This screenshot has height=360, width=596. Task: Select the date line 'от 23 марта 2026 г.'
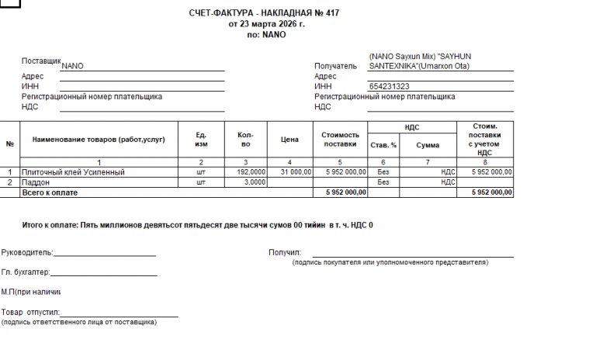(266, 24)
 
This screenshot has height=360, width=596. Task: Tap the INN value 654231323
(390, 86)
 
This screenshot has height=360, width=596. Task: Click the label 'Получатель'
(334, 67)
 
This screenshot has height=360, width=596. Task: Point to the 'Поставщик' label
(41, 61)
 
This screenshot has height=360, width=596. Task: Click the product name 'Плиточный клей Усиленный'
(73, 171)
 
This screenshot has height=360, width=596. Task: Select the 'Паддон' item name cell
(36, 182)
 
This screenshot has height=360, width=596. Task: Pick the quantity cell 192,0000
(251, 171)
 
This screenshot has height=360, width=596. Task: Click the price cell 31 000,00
(296, 171)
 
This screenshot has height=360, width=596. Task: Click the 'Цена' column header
(289, 140)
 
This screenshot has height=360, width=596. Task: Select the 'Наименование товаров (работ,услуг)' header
(99, 140)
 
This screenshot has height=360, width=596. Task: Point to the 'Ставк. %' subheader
(383, 145)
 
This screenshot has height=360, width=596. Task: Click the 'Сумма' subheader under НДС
(427, 145)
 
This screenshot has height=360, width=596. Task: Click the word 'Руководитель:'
(27, 252)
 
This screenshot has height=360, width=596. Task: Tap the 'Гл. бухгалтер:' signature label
(26, 272)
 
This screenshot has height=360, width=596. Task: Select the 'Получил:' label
(284, 252)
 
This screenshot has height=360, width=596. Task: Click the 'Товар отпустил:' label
(30, 312)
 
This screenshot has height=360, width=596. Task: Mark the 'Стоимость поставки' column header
(340, 140)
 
